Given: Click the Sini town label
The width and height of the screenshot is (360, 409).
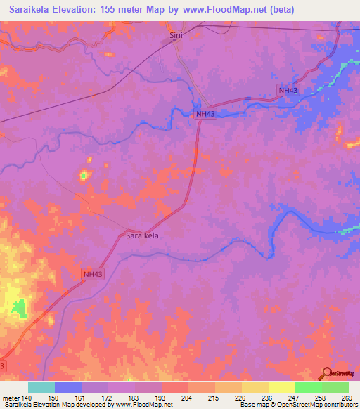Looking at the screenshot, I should coord(174,33).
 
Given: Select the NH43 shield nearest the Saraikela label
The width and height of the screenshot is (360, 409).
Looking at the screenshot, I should coord(94,274).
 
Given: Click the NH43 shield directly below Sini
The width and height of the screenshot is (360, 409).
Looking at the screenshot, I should coord(205,113).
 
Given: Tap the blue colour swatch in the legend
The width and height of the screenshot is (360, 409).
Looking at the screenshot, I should coord(67,387).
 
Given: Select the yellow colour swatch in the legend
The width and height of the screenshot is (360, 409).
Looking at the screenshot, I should coord(281,387).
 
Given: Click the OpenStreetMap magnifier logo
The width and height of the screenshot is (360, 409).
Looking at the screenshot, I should coord(326,375).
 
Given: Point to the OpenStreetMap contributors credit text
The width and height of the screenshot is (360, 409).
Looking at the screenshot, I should coord(316,405).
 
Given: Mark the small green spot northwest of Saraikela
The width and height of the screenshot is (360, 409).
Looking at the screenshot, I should coord(84,175).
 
